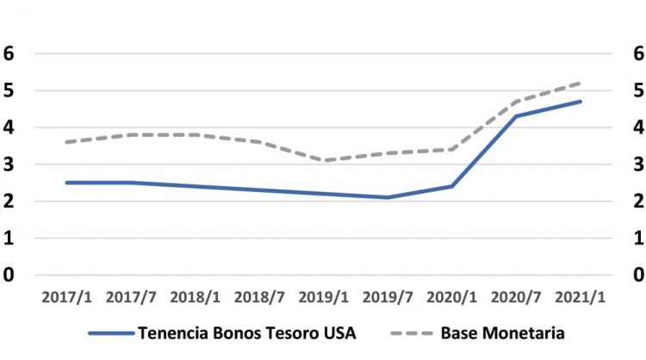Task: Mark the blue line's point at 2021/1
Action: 581,102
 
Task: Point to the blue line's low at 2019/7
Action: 388,197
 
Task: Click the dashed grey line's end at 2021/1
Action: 581,84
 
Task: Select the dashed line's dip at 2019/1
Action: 323,160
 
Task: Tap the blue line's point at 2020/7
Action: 516,116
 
